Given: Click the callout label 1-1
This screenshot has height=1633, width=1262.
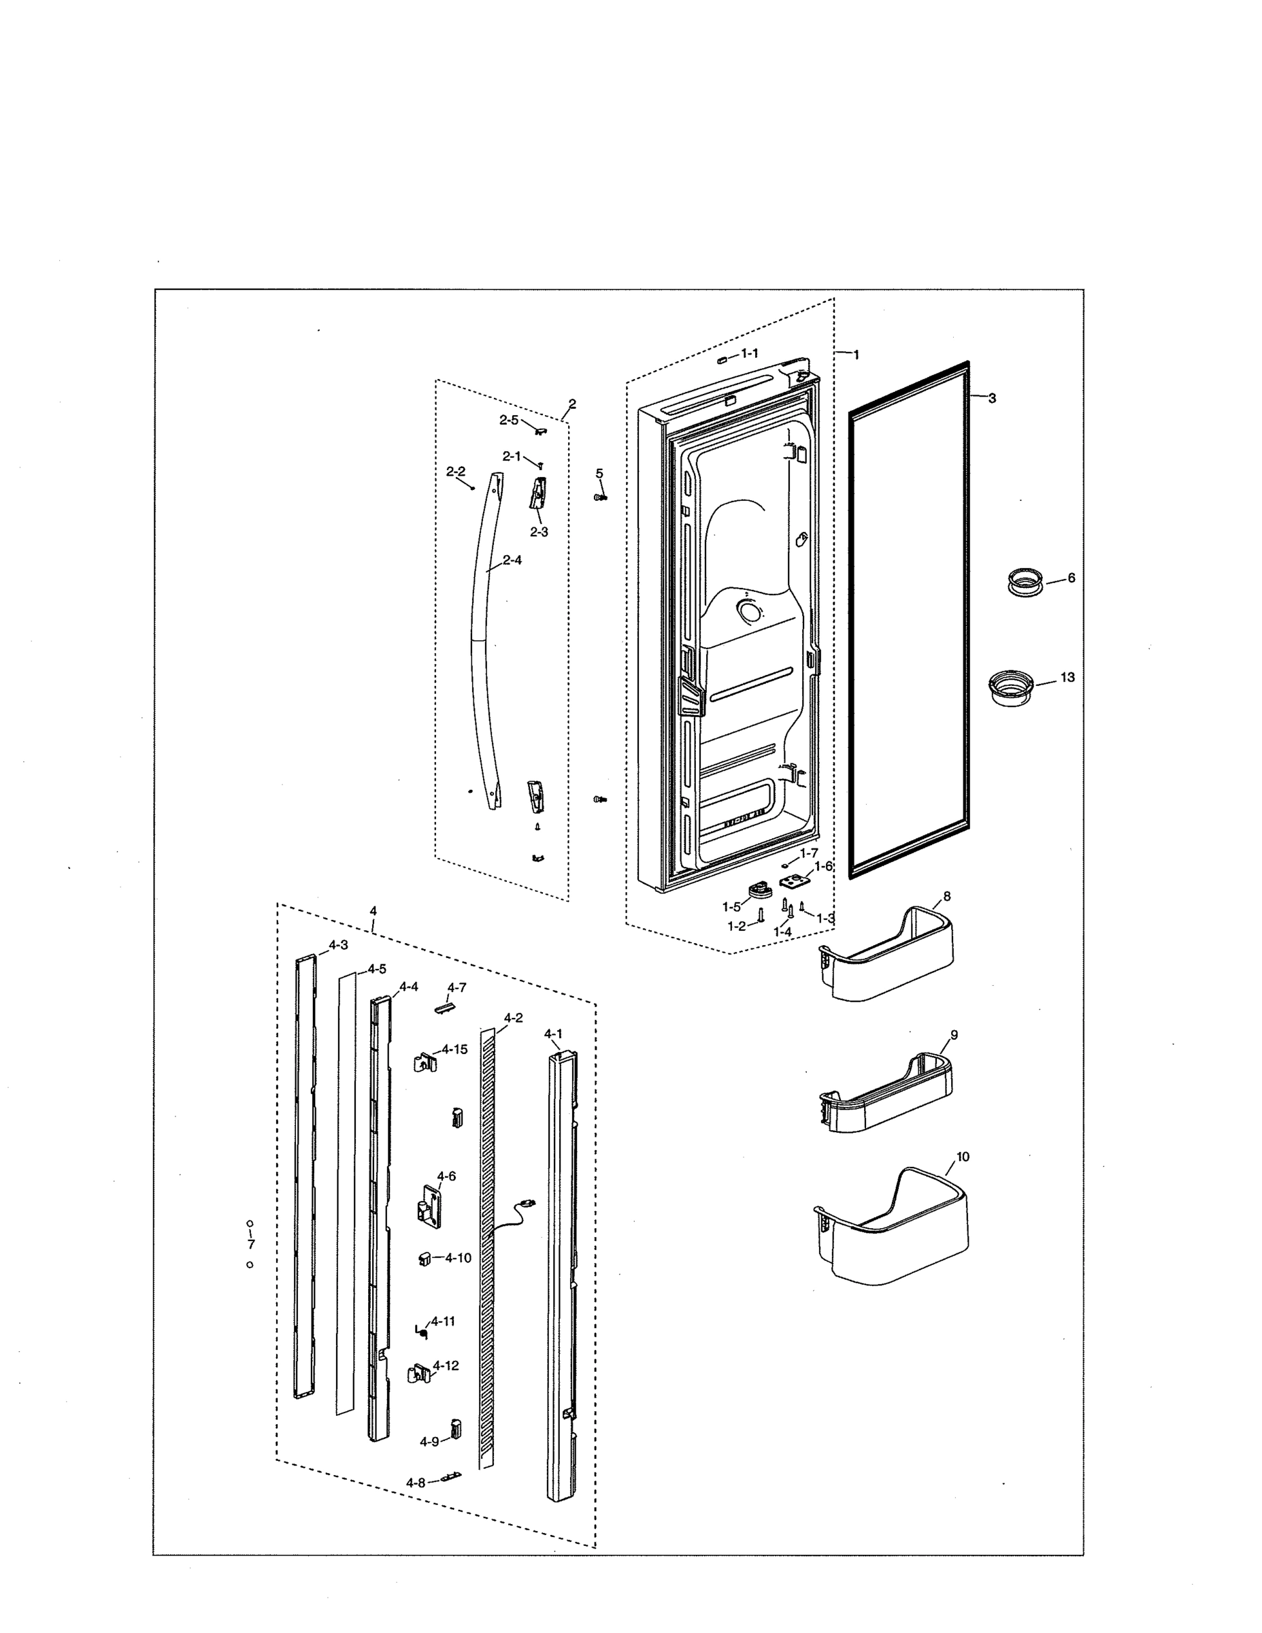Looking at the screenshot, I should pos(749,353).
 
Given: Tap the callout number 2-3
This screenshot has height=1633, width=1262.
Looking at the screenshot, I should pos(539,532).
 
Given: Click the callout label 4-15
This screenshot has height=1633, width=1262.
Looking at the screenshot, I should pos(454,1049).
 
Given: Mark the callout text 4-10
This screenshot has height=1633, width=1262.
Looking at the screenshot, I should pos(458,1258).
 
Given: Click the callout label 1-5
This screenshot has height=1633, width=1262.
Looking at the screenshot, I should pos(731,907).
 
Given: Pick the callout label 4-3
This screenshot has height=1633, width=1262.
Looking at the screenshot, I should pos(337,945).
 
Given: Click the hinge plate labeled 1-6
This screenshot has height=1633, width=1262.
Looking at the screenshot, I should pos(795,882).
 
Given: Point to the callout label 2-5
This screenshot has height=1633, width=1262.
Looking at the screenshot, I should pos(508,420).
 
